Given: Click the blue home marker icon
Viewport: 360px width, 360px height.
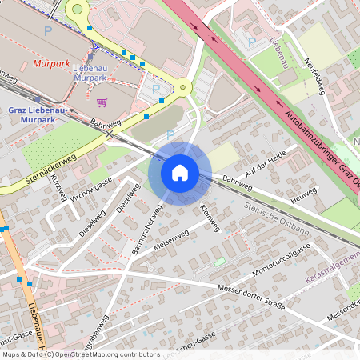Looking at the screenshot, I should click(180, 173).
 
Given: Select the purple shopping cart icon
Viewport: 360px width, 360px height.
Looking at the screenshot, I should click(102, 102).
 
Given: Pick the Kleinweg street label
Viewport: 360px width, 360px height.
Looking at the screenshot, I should click(209, 217).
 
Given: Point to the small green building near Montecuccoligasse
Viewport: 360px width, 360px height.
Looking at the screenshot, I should click(219, 262).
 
